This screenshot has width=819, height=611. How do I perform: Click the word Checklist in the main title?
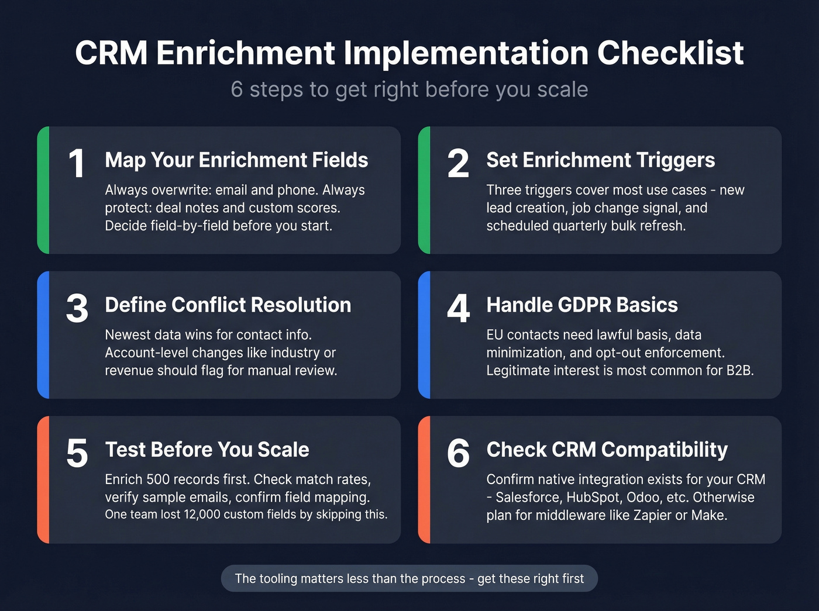click(670, 53)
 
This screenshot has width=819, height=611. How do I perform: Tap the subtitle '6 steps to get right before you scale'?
click(409, 89)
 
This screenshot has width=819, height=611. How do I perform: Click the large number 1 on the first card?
click(77, 164)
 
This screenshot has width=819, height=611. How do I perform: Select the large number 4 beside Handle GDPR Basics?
click(458, 308)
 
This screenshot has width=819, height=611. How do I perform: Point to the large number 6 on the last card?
click(458, 453)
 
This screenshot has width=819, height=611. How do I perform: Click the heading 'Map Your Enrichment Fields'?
click(236, 160)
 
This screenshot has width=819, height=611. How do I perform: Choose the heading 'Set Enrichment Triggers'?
click(600, 160)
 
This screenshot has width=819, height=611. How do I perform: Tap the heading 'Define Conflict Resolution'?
click(228, 305)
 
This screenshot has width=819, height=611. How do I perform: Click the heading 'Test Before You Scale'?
click(207, 450)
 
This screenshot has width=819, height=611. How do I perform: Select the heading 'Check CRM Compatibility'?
click(607, 450)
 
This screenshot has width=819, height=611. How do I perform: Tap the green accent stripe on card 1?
click(43, 190)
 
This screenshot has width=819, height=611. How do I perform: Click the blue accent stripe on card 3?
click(43, 335)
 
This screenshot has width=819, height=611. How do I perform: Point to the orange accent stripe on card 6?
click(425, 479)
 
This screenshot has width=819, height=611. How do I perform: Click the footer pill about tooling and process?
click(409, 579)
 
